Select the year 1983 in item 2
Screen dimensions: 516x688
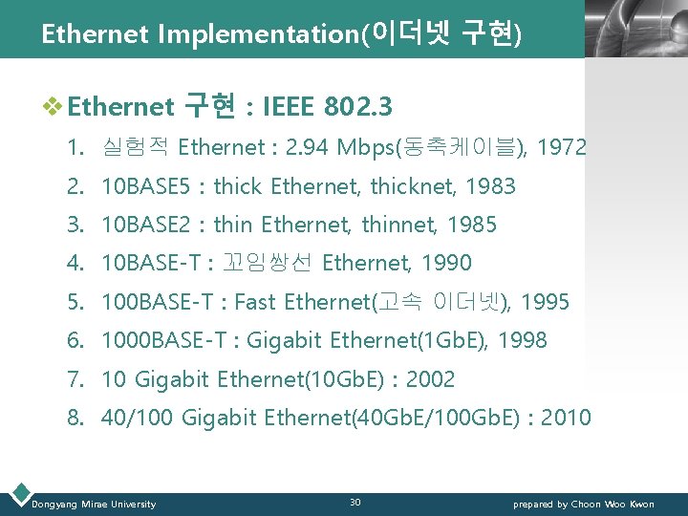(489, 187)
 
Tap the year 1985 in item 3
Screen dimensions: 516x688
(470, 226)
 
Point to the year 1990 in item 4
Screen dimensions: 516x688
(445, 264)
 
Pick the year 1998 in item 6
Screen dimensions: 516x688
(521, 341)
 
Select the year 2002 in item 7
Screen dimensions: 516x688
(430, 380)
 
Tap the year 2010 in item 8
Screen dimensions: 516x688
(566, 419)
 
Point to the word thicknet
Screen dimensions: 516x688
(410, 187)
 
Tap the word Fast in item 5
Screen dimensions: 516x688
(254, 303)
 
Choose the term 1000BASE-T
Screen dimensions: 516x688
(162, 341)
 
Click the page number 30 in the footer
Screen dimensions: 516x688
(355, 503)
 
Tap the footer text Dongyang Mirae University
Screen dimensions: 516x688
(94, 504)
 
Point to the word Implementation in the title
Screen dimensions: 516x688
(256, 35)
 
